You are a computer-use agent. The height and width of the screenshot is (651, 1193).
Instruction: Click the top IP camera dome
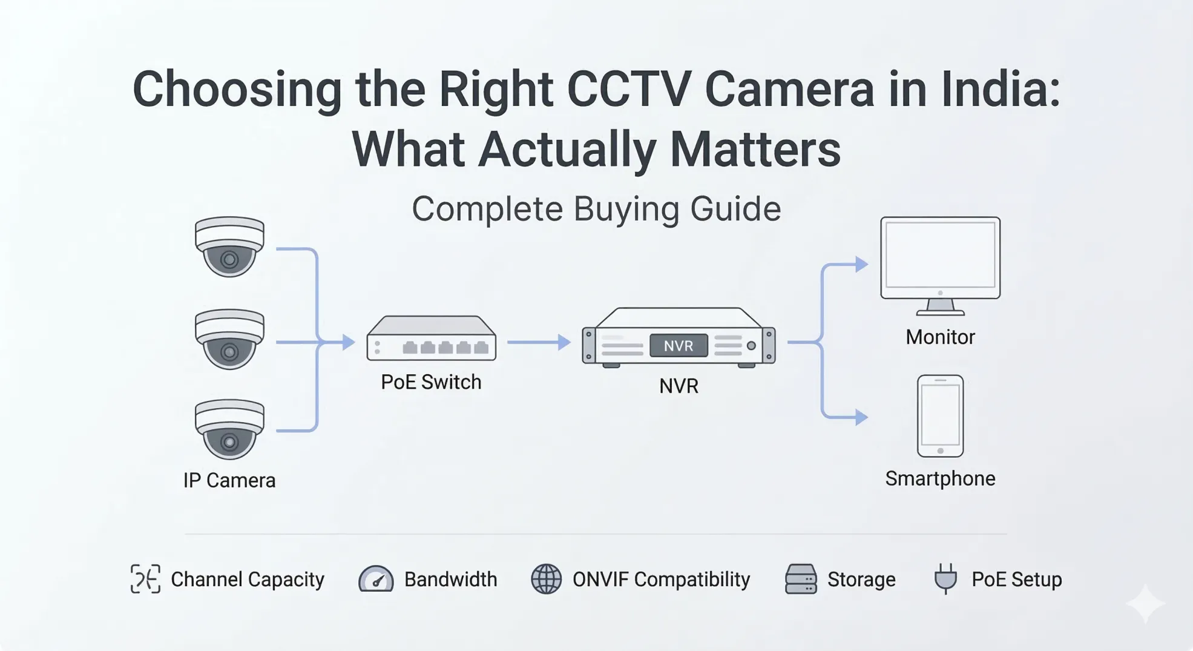229,246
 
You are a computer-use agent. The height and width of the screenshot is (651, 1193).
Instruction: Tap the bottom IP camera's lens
229,442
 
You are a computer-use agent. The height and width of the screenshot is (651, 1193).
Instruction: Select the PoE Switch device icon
431,339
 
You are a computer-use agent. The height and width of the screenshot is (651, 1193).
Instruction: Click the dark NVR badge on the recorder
678,346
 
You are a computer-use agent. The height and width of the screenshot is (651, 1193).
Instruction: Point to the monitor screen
940,255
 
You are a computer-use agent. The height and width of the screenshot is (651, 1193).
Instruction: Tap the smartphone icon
940,415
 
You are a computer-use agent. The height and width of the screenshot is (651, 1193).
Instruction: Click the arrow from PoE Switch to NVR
538,342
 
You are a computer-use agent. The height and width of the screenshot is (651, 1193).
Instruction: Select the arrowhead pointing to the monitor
861,264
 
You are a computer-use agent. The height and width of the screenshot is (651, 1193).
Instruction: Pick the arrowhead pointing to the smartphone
861,417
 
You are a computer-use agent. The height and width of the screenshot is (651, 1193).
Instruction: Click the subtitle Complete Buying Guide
596,209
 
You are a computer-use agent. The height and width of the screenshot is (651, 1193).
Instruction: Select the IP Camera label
229,480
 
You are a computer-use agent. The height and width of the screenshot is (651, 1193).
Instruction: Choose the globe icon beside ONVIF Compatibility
546,579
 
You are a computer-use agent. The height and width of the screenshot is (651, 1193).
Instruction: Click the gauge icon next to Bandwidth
376,579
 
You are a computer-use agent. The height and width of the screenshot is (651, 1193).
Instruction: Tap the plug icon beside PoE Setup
945,578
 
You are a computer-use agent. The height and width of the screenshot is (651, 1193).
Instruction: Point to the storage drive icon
801,579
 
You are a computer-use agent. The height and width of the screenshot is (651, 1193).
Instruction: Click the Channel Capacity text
248,580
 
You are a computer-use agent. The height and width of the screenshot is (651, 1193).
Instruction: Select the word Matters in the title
755,150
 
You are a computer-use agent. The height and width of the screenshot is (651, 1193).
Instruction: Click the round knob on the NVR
751,346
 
